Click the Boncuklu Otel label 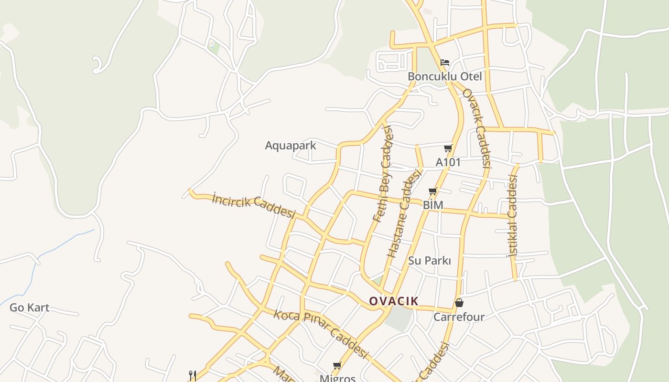coord(444,76)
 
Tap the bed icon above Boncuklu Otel coord(445,62)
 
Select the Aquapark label coord(291,146)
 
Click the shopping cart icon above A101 coord(448,148)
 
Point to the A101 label coord(448,162)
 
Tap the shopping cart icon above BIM coord(433,191)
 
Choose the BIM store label coord(433,205)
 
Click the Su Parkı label coord(430,261)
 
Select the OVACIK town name coord(394,301)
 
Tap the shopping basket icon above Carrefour coord(459,303)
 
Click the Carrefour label coord(459,317)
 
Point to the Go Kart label coord(29,308)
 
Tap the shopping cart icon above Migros coord(337,365)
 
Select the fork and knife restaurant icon coord(192,375)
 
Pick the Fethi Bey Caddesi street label coord(383,174)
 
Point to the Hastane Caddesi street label coord(404,213)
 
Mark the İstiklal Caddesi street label coord(513,216)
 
